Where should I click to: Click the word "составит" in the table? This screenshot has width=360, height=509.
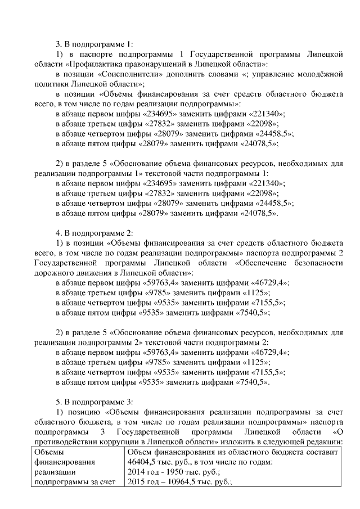(321, 452)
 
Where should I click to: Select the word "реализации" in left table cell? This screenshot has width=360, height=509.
(54, 472)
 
